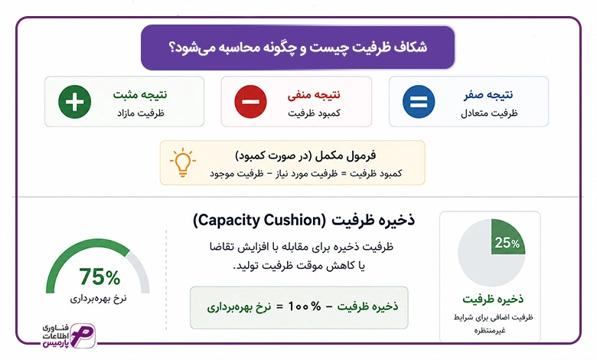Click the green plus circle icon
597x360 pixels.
pos(75,102)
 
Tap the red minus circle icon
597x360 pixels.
pos(250,102)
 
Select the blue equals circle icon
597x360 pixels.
pos(419,102)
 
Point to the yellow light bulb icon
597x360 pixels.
pos(183,162)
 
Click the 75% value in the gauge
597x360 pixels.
pos(99,277)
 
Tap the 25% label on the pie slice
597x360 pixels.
pos(507,243)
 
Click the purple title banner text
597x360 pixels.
pos(298,47)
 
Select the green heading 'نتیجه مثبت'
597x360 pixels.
pos(140,94)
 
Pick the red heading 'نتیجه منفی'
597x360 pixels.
pos(314,94)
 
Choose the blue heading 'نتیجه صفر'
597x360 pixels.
pos(488,94)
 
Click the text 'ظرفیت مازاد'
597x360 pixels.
pos(141,113)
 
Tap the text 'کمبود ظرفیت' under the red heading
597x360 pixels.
pos(314,113)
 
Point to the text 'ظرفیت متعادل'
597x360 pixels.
pos(489,113)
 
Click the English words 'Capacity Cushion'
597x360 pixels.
pos(259,220)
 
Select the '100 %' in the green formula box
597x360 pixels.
pos(305,306)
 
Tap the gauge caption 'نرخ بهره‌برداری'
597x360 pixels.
pos(98,299)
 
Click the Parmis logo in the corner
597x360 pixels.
pos(69,335)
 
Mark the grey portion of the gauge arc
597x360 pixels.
pos(140,270)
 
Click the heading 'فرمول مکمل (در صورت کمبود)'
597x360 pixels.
pos(305,155)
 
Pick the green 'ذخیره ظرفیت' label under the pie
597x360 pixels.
pos(493,299)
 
